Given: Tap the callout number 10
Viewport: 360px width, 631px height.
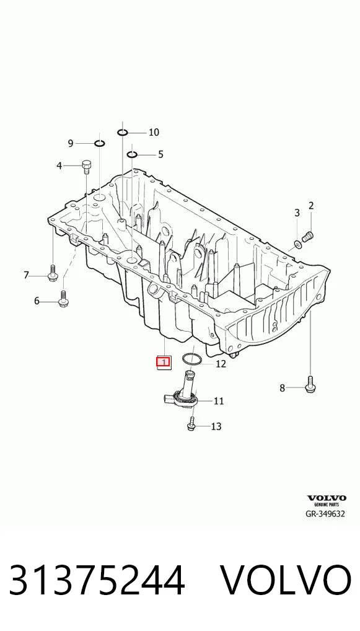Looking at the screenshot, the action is tap(154, 132).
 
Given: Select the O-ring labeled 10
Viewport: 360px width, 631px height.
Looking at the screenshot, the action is tap(123, 132).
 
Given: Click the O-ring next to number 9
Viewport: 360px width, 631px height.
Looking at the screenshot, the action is tap(100, 143).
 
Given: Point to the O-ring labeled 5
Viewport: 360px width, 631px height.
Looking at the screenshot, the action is tap(132, 154).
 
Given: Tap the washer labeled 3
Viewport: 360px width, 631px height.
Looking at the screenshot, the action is tap(298, 244).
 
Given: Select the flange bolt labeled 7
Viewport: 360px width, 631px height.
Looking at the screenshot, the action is tap(53, 273).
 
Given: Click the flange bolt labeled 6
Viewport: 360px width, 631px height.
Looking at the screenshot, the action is tap(63, 299).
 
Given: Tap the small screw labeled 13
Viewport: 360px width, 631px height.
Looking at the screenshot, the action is tap(191, 424).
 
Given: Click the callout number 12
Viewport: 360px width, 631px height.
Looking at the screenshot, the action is tap(221, 364).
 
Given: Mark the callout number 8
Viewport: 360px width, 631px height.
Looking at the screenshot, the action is tap(282, 388).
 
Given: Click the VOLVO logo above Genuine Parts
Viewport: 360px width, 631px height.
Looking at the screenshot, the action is tap(327, 498).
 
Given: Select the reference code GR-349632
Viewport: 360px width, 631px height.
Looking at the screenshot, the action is tap(325, 513).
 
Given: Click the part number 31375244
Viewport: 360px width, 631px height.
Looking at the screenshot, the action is tap(97, 580).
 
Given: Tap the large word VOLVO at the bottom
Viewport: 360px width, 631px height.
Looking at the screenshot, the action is tap(285, 580).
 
